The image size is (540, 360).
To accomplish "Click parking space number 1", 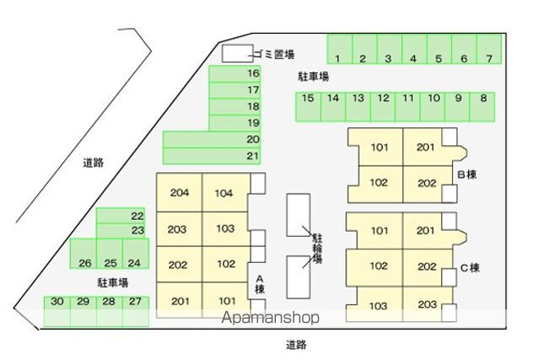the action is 339,49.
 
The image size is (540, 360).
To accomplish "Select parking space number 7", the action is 489,49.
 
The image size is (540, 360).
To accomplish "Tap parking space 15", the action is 308,107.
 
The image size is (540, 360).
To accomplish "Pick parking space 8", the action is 483,107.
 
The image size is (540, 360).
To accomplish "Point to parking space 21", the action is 212,156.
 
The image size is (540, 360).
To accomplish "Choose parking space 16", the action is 235,73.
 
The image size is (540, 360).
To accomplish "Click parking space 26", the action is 84,254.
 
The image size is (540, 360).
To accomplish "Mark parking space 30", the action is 57,311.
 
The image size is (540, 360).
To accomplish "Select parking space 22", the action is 121,216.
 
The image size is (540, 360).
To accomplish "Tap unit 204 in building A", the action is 180,192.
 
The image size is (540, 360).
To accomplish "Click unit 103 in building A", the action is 226,228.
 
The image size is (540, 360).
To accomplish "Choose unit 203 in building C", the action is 427,304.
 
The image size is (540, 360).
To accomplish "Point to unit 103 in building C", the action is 378,304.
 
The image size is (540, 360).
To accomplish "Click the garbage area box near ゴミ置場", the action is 237,53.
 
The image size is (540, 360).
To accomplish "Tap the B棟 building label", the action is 467,175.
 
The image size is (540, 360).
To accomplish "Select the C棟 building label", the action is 470,268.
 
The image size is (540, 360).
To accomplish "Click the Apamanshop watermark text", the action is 270,317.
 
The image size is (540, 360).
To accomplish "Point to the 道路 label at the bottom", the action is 296,345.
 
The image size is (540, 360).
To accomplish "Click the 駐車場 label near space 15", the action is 313,77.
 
